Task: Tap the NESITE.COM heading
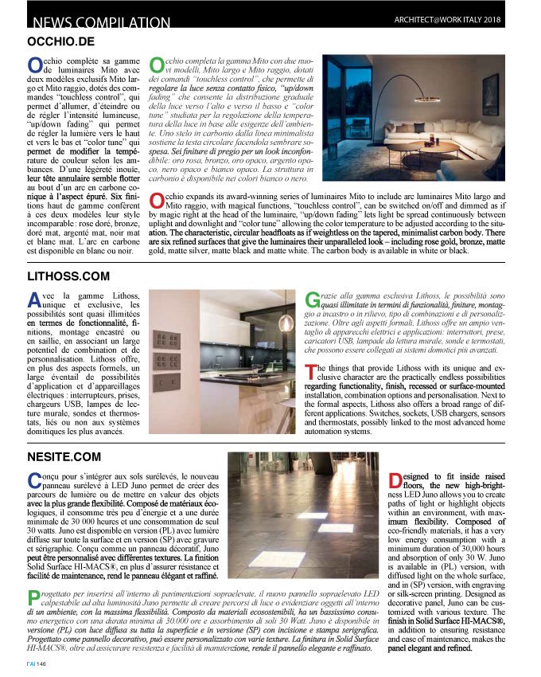coord(64,456)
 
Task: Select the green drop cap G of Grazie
coord(312,301)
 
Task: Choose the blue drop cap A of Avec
coord(34,300)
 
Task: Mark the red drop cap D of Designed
coord(395,480)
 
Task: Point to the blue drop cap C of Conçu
coord(34,479)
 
